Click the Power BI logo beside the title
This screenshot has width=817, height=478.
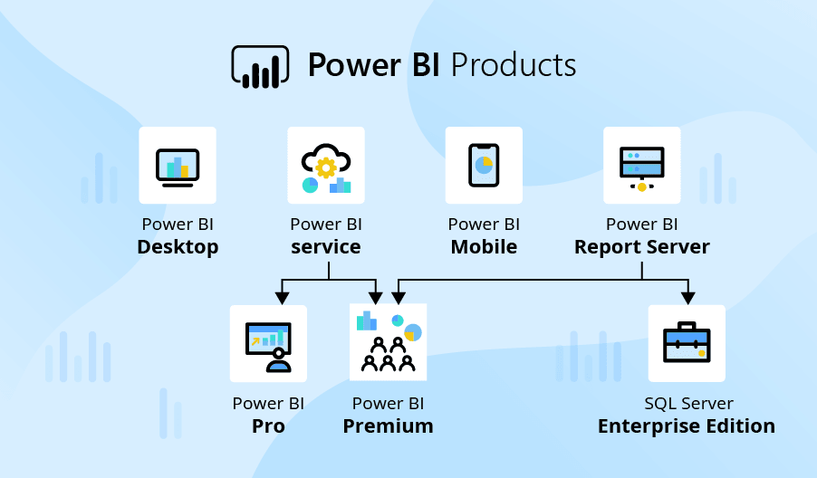(260, 66)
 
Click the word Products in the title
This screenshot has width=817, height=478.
(513, 65)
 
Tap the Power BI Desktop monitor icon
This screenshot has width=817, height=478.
(178, 166)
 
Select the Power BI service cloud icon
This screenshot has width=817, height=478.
(326, 166)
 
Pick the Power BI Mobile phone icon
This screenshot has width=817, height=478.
(484, 166)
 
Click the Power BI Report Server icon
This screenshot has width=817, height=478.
(641, 166)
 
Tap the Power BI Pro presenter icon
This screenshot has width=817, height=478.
(268, 344)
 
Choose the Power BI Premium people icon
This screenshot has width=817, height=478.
(389, 343)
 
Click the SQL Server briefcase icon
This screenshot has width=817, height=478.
(687, 343)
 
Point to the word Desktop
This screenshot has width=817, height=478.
(178, 247)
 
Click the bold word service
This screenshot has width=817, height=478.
(326, 247)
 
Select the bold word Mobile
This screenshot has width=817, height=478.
(484, 247)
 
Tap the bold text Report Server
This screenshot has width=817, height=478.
(641, 247)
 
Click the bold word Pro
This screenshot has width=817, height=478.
(268, 426)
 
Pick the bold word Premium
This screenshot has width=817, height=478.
(388, 426)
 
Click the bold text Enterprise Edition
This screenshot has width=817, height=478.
(687, 426)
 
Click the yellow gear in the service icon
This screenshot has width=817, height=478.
(326, 166)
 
